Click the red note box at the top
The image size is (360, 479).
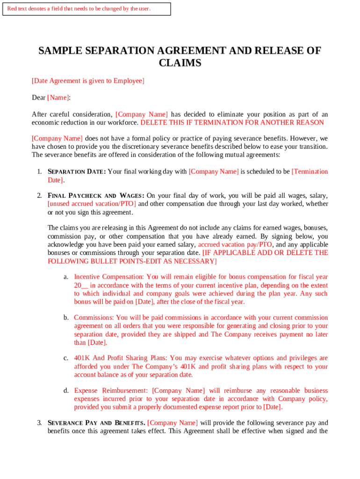(86, 8)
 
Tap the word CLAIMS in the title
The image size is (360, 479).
(180, 63)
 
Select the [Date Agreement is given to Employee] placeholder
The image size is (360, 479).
(88, 81)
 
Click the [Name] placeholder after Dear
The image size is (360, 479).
(58, 98)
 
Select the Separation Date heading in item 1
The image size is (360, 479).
(77, 172)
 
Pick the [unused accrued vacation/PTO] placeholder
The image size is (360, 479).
(92, 204)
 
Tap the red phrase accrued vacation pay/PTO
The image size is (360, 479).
(235, 245)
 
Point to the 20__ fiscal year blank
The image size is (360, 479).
(81, 285)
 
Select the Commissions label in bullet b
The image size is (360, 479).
(94, 318)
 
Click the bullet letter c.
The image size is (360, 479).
(66, 358)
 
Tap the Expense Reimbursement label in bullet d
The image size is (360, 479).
(111, 391)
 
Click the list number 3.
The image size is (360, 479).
(40, 423)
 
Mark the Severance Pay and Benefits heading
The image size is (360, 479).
(96, 423)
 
